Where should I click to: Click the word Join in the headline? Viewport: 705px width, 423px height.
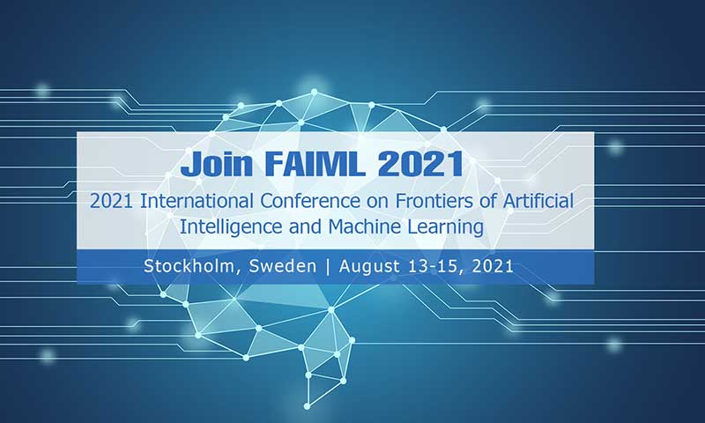tap(217, 164)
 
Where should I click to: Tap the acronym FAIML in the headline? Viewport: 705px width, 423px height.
tap(315, 164)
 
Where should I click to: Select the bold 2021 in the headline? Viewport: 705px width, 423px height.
tap(420, 164)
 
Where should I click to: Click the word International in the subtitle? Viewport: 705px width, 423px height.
tap(197, 201)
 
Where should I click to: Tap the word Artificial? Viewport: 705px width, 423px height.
tap(538, 201)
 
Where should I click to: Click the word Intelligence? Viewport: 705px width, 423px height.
tap(232, 227)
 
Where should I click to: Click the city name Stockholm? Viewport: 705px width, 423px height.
tap(189, 266)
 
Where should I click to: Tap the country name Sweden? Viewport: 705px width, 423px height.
tap(283, 266)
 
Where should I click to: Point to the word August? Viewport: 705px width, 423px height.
tap(369, 266)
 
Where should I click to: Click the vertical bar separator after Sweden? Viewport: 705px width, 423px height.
tap(328, 266)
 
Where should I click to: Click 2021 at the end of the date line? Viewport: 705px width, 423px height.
tap(493, 266)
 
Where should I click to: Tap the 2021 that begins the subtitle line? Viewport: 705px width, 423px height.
tap(111, 201)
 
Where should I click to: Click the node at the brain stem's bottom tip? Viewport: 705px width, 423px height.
tap(307, 406)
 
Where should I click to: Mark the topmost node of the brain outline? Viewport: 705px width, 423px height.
tap(315, 92)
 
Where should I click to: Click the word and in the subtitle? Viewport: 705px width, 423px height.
tap(305, 226)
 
